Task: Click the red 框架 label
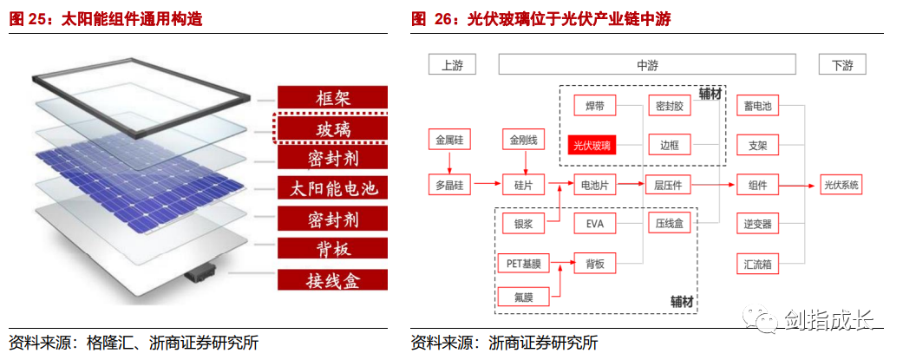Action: click(331, 97)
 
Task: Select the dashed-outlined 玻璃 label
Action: click(331, 128)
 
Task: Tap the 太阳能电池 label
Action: click(331, 187)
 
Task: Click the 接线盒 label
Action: click(331, 279)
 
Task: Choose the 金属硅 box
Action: click(450, 139)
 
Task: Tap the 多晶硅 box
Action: click(450, 185)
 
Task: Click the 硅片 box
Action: click(523, 185)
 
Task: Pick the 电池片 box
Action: click(595, 185)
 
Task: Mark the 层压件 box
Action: click(669, 185)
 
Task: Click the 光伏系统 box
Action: click(841, 185)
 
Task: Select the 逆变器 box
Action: click(757, 224)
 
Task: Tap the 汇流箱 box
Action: click(757, 264)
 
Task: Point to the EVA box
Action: click(595, 224)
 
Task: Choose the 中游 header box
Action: click(647, 65)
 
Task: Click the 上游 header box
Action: click(452, 65)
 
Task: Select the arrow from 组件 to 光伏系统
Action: click(799, 185)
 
